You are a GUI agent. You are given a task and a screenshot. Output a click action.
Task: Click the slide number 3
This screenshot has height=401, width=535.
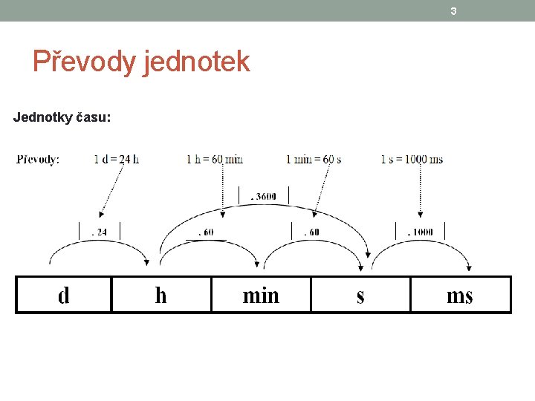[453, 11]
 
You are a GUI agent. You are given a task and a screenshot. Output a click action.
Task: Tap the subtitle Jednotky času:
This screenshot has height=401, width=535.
[62, 117]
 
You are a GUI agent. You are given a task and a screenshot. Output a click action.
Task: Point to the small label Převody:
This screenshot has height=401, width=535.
[39, 159]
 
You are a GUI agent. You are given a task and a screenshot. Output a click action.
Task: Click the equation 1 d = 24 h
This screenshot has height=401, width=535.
[117, 159]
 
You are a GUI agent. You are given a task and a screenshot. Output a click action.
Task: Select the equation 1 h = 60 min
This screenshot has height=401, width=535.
[215, 159]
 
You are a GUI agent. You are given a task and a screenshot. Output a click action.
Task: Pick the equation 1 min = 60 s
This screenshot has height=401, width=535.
[314, 159]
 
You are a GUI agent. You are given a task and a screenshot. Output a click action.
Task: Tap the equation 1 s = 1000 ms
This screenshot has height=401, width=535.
[412, 159]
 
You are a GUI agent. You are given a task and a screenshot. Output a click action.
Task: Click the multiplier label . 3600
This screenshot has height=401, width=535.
[263, 197]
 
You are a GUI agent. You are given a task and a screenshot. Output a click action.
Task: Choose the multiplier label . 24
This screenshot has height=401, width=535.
[99, 232]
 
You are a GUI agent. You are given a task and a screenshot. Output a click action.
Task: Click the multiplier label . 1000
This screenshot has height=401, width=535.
[420, 232]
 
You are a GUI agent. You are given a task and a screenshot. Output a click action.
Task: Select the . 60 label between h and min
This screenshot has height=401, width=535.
[205, 232]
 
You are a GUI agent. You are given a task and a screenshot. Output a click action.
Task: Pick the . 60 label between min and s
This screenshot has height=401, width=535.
[311, 232]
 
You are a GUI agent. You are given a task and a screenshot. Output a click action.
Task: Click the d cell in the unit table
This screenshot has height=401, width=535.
[64, 296]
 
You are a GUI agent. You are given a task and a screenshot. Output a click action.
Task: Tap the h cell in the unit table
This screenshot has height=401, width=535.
[161, 296]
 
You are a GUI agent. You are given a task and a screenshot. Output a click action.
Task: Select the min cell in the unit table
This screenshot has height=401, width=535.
[261, 296]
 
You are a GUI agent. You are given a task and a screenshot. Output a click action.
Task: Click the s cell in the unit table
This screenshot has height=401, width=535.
[360, 296]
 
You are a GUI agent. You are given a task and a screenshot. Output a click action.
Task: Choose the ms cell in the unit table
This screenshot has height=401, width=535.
[460, 296]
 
